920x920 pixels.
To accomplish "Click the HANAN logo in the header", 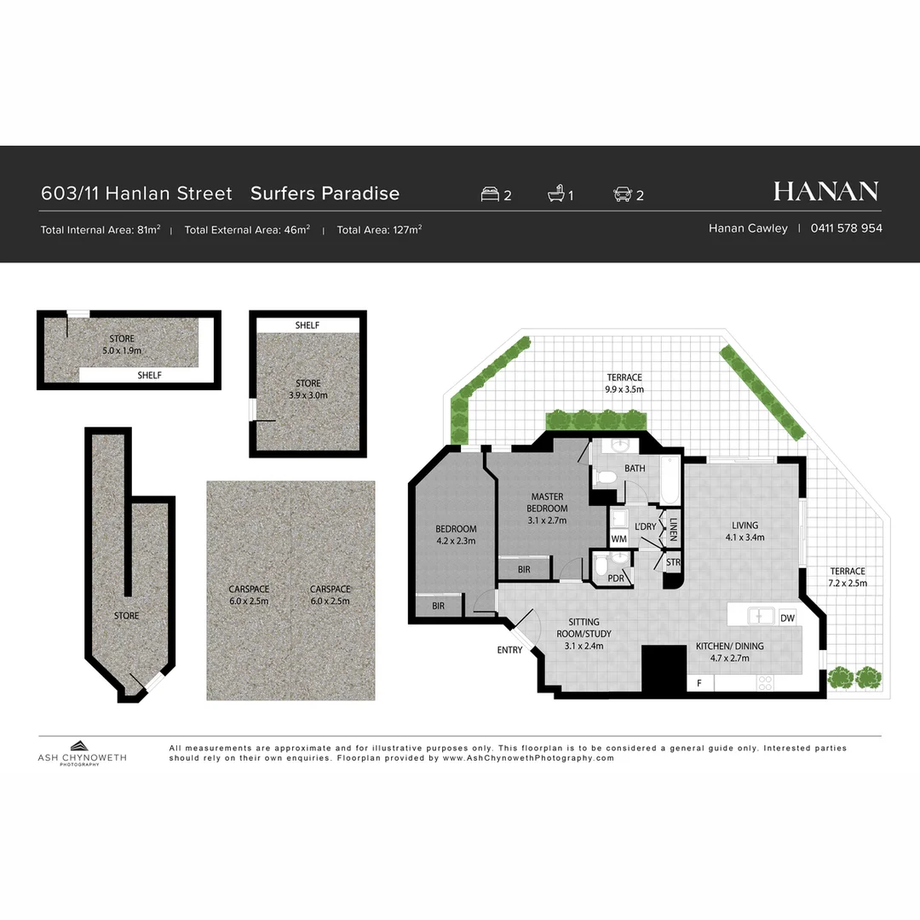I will [x=825, y=192].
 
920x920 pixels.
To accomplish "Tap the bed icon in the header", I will [x=490, y=194].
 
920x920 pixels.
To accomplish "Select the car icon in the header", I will [x=622, y=194].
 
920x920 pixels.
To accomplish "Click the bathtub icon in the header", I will [x=555, y=194].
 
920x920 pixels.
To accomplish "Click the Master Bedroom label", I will [x=548, y=509].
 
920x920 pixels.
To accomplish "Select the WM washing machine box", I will [x=619, y=539].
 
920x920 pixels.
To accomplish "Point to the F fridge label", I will [x=699, y=683].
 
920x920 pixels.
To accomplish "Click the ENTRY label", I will [x=510, y=651].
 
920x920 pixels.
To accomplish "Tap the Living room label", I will [x=745, y=531].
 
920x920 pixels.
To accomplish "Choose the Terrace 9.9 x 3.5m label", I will [x=624, y=383].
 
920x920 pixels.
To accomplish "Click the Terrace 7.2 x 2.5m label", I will [x=848, y=577].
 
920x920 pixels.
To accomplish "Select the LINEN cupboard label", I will [x=673, y=530].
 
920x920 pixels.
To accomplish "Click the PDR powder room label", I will [x=616, y=579].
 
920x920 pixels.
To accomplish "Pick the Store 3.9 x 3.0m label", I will [x=308, y=389].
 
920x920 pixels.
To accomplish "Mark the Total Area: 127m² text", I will [x=379, y=229].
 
